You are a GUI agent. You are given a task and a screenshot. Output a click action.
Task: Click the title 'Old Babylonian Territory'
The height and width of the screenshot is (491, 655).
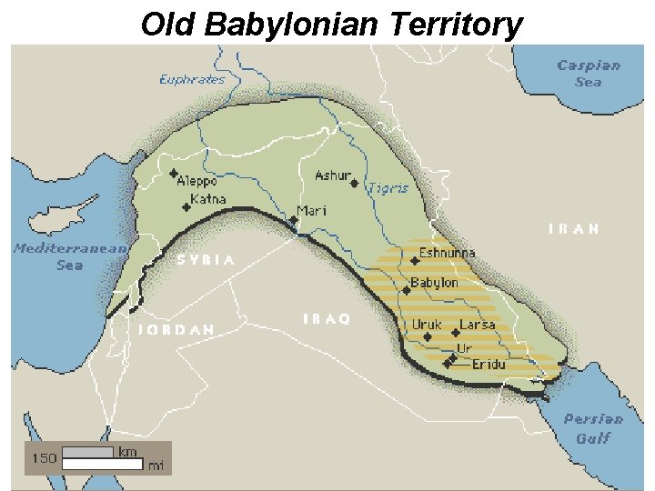tap(331, 24)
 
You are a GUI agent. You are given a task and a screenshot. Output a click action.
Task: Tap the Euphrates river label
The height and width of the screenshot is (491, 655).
tap(191, 79)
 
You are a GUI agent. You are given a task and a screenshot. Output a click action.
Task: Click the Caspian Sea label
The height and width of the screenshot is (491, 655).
tap(588, 73)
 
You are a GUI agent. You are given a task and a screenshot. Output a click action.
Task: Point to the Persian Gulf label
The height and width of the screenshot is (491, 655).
tap(593, 428)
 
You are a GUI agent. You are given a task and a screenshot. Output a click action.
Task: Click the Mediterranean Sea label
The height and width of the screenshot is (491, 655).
tap(69, 256)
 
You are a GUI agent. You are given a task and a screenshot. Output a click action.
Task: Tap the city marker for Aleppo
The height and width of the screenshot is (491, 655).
tap(174, 173)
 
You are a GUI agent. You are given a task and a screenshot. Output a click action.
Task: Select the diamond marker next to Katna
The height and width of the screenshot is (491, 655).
tap(186, 207)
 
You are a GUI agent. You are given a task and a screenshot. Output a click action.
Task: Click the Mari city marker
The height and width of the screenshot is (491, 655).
tap(294, 220)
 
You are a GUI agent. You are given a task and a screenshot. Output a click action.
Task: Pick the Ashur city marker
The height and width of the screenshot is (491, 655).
tap(354, 183)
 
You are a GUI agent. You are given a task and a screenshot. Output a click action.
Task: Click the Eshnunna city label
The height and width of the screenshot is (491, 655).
tap(447, 253)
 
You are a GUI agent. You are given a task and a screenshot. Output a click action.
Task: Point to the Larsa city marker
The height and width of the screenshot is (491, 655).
tap(456, 333)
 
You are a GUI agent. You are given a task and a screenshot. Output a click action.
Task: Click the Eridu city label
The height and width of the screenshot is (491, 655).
tap(488, 365)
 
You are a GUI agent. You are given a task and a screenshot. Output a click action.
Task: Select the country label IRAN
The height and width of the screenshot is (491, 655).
tap(574, 229)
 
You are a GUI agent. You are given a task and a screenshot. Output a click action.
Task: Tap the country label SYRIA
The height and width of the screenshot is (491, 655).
tap(206, 260)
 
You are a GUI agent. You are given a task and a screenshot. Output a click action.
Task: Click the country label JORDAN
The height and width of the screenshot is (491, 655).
tap(176, 329)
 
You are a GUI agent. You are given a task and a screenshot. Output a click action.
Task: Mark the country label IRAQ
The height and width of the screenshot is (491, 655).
tap(326, 318)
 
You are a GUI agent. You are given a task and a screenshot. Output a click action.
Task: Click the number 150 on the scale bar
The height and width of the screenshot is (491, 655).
tap(45, 458)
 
